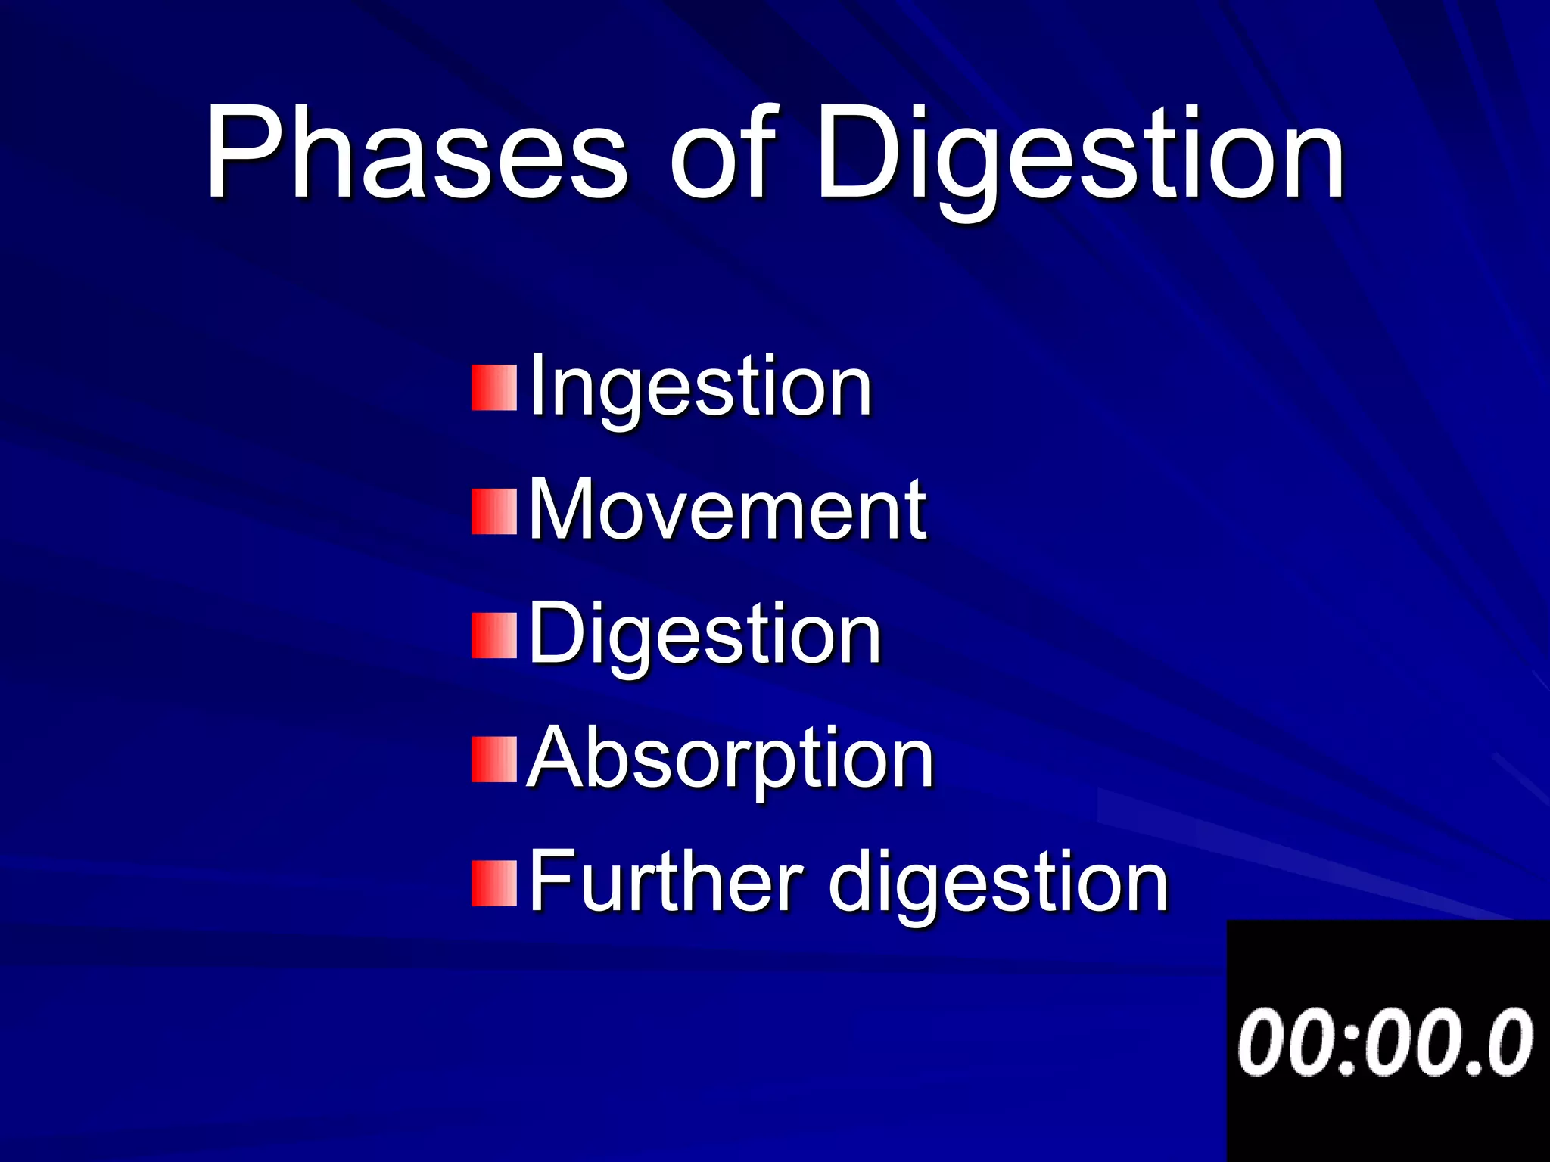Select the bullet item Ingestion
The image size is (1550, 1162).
[x=700, y=387]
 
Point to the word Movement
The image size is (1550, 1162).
[x=727, y=511]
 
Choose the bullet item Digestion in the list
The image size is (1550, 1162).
[x=705, y=635]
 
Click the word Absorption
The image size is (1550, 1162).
[x=730, y=759]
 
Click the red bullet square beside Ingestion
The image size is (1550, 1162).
[x=494, y=387]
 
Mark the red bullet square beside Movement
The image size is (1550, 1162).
[x=494, y=511]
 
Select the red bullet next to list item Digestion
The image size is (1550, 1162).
[x=494, y=635]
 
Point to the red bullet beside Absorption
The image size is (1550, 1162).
[x=494, y=759]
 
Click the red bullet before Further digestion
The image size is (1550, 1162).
[x=494, y=883]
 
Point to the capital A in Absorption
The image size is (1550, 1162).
[x=559, y=757]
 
